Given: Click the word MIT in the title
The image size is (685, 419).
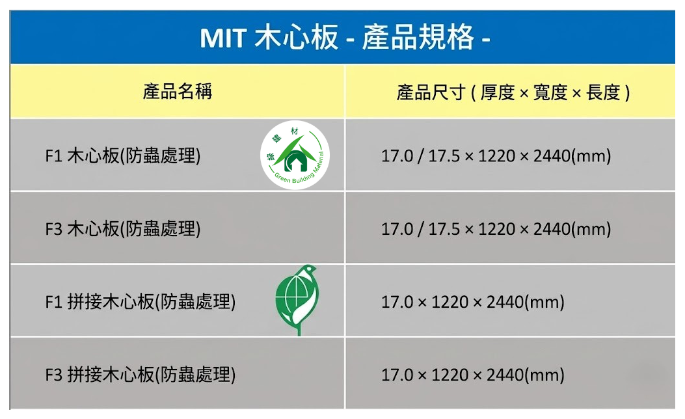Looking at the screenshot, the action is coord(223,38).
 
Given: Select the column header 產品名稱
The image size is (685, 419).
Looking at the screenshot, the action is coord(178,92).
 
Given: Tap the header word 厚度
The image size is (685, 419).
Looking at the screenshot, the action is coord(498,92).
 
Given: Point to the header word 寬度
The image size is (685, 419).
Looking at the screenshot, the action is coord(550,92).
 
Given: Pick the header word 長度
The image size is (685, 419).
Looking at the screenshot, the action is coord(603,92).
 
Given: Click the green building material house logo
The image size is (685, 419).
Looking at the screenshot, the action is coord(295,155).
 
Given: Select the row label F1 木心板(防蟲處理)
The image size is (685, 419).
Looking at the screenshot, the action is coord(123,156).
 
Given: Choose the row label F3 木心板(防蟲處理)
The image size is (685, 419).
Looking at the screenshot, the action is coord(123,229).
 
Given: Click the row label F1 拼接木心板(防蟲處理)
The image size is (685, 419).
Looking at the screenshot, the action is coord(141,302).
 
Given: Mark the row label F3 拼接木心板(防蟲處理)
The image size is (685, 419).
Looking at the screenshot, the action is coord(141,375).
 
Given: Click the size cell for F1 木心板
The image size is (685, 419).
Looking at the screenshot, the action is coord(496,156).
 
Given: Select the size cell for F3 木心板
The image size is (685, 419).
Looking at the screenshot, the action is coord(496,229).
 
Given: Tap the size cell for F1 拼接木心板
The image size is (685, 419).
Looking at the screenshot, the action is coord(473,302).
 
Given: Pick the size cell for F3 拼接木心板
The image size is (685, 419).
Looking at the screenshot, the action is coord(473,375).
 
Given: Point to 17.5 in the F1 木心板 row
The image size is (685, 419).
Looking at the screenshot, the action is coord(444,156).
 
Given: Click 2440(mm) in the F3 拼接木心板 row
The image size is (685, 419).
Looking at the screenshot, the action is coord(526,375).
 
